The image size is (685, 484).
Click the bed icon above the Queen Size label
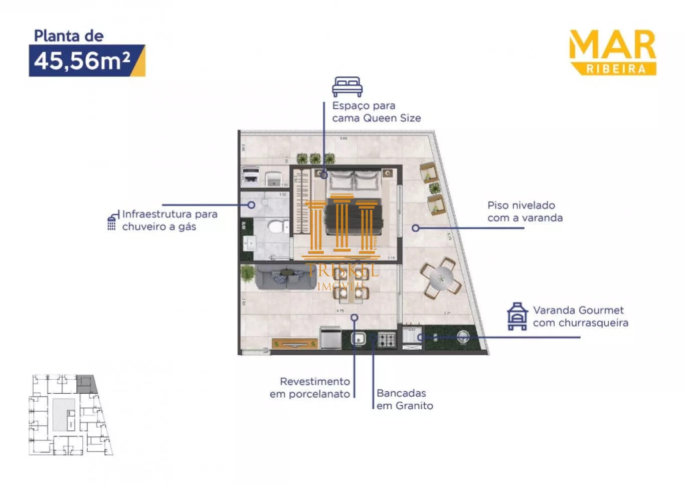347,86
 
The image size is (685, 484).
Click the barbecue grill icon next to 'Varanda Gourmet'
517,316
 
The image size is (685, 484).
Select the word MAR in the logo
612,45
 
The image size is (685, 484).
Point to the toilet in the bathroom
276,227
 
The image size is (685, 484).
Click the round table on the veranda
441,278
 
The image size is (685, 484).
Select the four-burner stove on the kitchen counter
386,340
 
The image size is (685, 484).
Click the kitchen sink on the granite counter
358,339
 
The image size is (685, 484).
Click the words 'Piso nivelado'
521,205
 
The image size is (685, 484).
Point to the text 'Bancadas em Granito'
404,399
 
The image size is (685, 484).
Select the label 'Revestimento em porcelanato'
310,388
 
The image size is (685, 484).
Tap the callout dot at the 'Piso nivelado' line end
415,228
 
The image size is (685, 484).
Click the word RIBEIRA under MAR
616,69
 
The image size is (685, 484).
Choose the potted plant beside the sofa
247,273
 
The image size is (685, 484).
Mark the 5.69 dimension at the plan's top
344,138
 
